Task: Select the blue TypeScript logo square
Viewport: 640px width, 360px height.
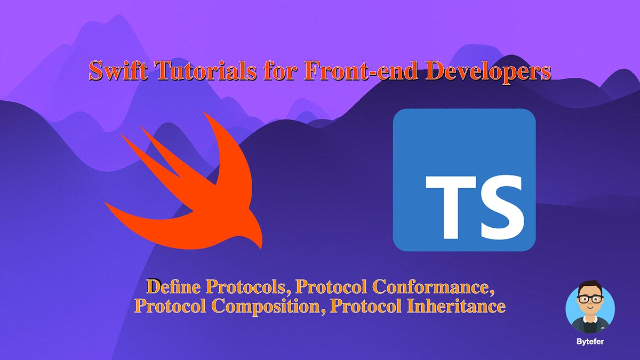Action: pyautogui.click(x=464, y=180)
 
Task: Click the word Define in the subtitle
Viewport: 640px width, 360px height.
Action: pyautogui.click(x=174, y=287)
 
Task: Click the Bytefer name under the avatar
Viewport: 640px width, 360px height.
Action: pyautogui.click(x=590, y=339)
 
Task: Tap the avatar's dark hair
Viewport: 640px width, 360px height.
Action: pyautogui.click(x=589, y=288)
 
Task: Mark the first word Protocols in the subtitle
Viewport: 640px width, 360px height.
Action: pyautogui.click(x=247, y=287)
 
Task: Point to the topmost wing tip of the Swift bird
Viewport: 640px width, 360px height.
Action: pyautogui.click(x=205, y=114)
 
